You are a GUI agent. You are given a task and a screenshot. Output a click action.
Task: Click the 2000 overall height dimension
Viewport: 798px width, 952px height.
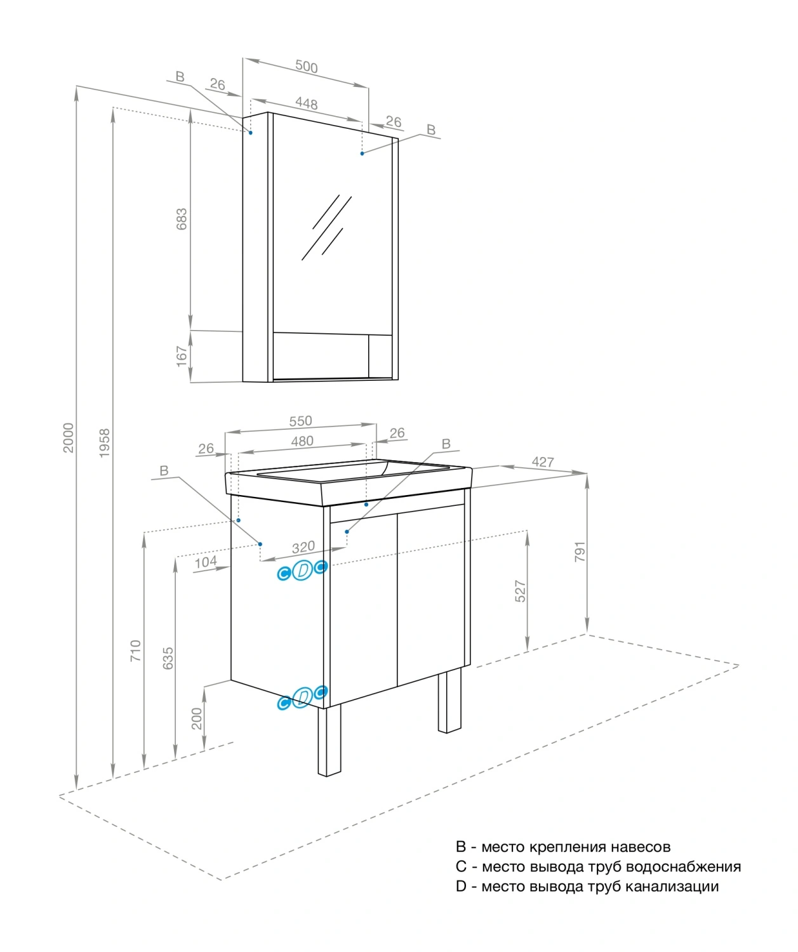pyautogui.click(x=68, y=438)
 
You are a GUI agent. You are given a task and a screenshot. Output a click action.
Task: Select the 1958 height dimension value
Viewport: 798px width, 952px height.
pyautogui.click(x=105, y=442)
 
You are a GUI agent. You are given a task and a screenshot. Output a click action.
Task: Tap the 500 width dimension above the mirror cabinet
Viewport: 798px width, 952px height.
pyautogui.click(x=306, y=67)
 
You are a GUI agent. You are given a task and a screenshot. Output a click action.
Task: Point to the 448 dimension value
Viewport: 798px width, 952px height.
pyautogui.click(x=306, y=103)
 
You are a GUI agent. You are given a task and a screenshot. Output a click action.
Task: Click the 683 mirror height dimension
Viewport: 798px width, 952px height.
pyautogui.click(x=182, y=219)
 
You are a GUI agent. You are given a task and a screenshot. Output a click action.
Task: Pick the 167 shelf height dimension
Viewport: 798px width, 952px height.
pyautogui.click(x=182, y=356)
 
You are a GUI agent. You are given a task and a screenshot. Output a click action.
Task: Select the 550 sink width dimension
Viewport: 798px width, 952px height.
pyautogui.click(x=300, y=421)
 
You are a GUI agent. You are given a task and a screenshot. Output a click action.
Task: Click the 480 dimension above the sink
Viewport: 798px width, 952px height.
pyautogui.click(x=302, y=441)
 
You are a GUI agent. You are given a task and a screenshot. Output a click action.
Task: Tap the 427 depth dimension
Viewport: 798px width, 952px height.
pyautogui.click(x=543, y=462)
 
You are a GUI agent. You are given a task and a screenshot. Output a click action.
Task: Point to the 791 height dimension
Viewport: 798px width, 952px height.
pyautogui.click(x=580, y=552)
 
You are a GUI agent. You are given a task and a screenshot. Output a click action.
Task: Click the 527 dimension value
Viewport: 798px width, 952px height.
pyautogui.click(x=520, y=591)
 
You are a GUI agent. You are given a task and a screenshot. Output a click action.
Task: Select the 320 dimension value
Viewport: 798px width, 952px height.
pyautogui.click(x=303, y=547)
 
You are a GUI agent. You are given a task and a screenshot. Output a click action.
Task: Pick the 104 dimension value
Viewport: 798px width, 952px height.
pyautogui.click(x=205, y=562)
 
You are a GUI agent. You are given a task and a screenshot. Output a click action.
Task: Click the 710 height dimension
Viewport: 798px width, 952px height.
pyautogui.click(x=136, y=651)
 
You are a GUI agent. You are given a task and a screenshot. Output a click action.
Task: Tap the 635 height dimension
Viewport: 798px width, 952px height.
pyautogui.click(x=168, y=658)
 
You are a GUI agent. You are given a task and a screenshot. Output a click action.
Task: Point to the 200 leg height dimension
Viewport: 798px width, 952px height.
pyautogui.click(x=197, y=718)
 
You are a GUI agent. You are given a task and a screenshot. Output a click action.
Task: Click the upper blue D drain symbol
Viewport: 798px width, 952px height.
pyautogui.click(x=303, y=571)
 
